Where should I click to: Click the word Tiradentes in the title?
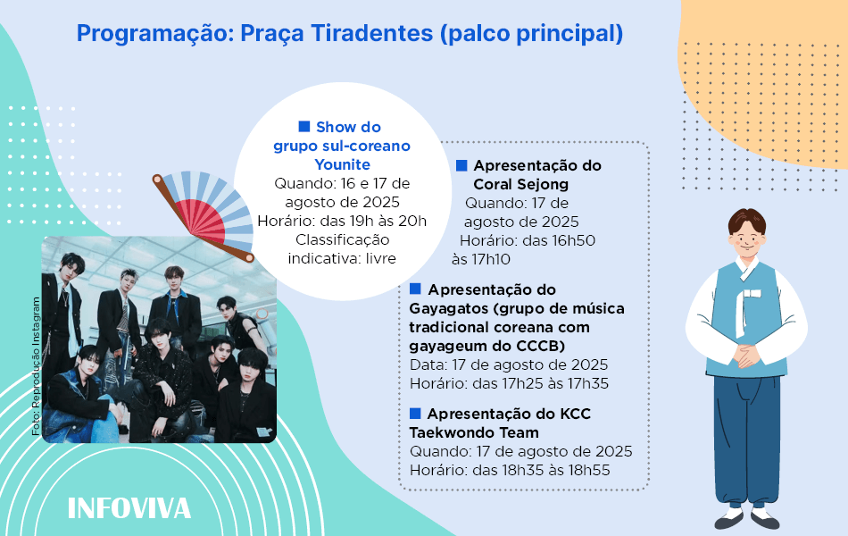tap(372, 33)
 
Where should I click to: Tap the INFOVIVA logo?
tap(129, 508)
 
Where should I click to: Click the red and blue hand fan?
tap(203, 215)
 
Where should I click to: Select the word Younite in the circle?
tap(343, 164)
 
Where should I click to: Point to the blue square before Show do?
tap(304, 126)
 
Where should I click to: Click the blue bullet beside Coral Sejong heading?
tap(461, 165)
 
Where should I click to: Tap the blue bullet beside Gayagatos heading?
tap(415, 289)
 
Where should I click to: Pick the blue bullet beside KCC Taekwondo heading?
tap(415, 413)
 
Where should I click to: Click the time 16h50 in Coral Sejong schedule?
tap(570, 240)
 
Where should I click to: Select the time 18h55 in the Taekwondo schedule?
tap(586, 470)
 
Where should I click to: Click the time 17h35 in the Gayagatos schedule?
tap(585, 383)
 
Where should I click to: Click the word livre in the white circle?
tap(381, 258)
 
